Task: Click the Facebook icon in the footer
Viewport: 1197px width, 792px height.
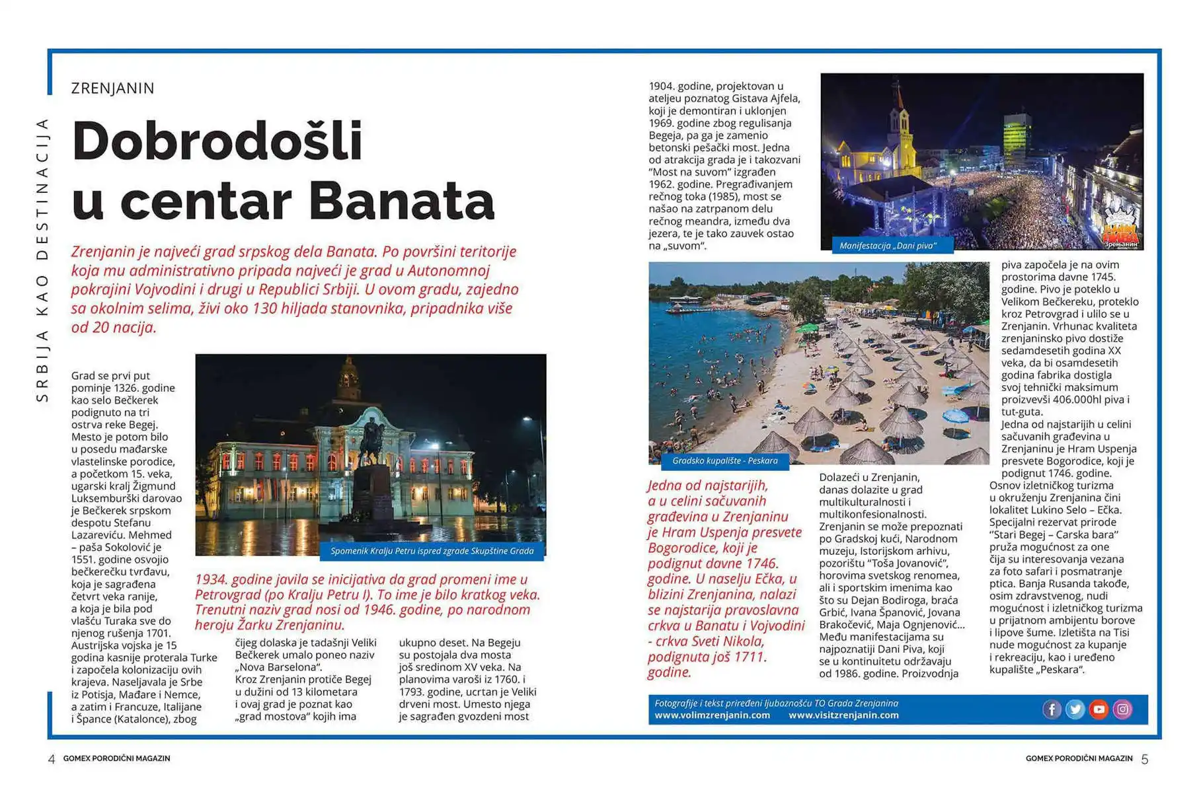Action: (x=1052, y=709)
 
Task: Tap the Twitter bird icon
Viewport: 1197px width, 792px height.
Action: (x=1075, y=709)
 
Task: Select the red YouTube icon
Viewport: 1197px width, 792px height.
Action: (x=1099, y=709)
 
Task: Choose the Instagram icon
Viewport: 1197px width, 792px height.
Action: (x=1123, y=709)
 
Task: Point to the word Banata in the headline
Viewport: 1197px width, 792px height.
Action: (x=401, y=201)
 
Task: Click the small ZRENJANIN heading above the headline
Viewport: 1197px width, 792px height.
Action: (x=113, y=89)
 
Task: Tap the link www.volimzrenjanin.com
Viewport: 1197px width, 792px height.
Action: (x=712, y=715)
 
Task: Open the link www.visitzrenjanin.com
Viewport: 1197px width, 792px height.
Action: (x=843, y=715)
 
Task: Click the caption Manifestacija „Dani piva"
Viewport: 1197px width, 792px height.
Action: (x=888, y=246)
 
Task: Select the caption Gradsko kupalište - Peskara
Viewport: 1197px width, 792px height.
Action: (x=724, y=460)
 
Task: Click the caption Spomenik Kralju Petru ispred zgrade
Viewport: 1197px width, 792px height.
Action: (x=432, y=551)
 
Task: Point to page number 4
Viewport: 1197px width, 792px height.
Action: (x=52, y=760)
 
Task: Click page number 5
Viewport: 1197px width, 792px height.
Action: (x=1145, y=760)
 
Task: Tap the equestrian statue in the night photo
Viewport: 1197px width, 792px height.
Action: (x=372, y=439)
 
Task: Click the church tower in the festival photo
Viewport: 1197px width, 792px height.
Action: (x=897, y=126)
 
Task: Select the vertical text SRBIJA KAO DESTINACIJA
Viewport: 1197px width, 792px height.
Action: (x=42, y=260)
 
